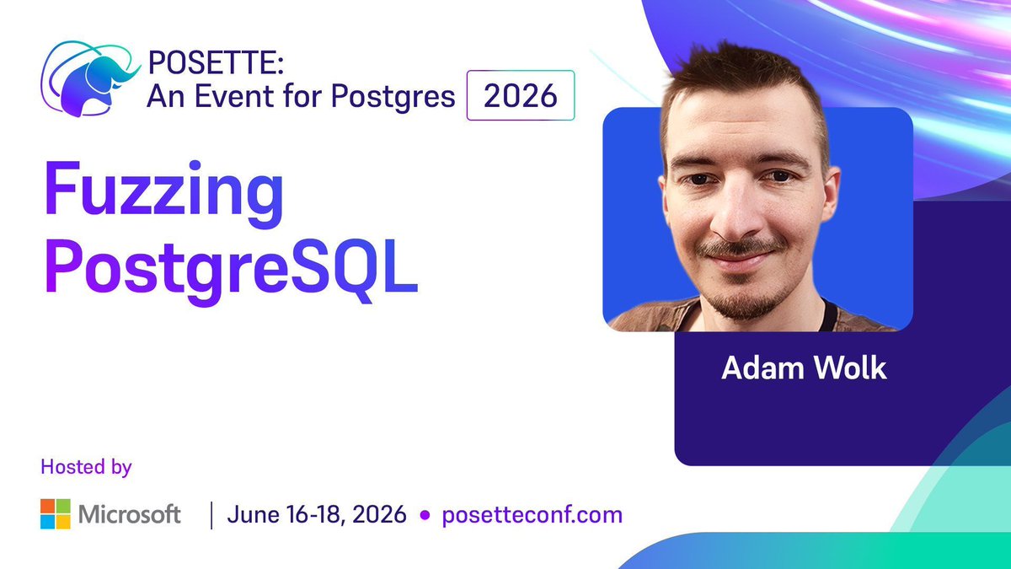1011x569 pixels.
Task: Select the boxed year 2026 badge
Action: [520, 96]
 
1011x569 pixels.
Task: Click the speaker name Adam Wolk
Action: [804, 369]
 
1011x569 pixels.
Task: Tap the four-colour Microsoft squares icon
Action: [55, 514]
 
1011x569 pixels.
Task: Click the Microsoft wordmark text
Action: [131, 514]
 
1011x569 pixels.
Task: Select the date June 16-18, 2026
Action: [316, 514]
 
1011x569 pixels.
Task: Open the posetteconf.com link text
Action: [532, 514]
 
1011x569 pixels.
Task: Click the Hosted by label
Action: [86, 466]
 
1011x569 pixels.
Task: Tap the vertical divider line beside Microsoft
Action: [210, 514]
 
